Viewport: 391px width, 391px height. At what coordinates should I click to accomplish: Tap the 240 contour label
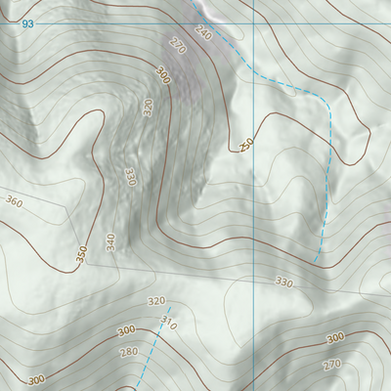click(203, 33)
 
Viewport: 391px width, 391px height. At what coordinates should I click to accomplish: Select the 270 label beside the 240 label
click(177, 45)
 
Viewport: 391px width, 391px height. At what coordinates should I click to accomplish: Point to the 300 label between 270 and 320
click(162, 75)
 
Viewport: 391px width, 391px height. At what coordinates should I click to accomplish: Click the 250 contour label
click(247, 145)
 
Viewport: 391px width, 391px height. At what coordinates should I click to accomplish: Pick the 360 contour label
click(14, 201)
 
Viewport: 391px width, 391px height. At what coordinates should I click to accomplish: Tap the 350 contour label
click(82, 253)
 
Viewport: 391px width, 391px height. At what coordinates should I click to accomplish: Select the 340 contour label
click(110, 240)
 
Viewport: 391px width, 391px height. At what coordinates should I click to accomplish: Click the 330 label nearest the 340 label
click(129, 177)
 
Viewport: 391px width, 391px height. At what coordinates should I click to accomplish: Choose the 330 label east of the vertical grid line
click(283, 282)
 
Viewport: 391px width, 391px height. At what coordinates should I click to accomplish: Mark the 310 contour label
click(168, 323)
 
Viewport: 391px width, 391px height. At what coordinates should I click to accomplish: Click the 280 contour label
click(128, 351)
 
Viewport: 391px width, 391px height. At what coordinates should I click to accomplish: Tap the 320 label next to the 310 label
click(155, 301)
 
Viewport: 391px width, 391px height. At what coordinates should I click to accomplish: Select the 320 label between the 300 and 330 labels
click(149, 107)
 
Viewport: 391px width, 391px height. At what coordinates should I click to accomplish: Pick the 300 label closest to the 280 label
click(125, 331)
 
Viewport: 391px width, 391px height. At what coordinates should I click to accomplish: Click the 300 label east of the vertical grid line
click(335, 337)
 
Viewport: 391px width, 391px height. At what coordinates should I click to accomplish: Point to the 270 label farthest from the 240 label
click(332, 365)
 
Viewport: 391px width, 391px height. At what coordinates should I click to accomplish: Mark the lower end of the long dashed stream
click(315, 260)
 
